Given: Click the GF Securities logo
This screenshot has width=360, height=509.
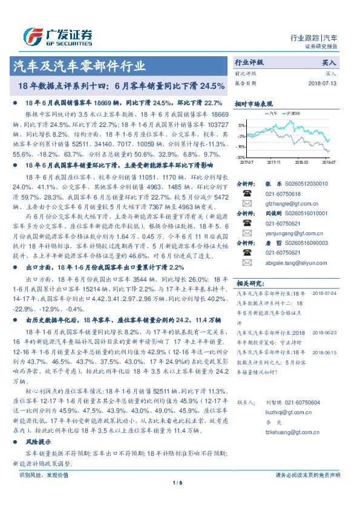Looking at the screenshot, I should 57,37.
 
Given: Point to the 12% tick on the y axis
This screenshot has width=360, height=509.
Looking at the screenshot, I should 241,126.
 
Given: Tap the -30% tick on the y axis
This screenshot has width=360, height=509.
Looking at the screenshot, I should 241,157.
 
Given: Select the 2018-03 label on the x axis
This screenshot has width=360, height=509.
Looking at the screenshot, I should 301,162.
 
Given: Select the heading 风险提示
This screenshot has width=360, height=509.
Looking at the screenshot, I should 38,443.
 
